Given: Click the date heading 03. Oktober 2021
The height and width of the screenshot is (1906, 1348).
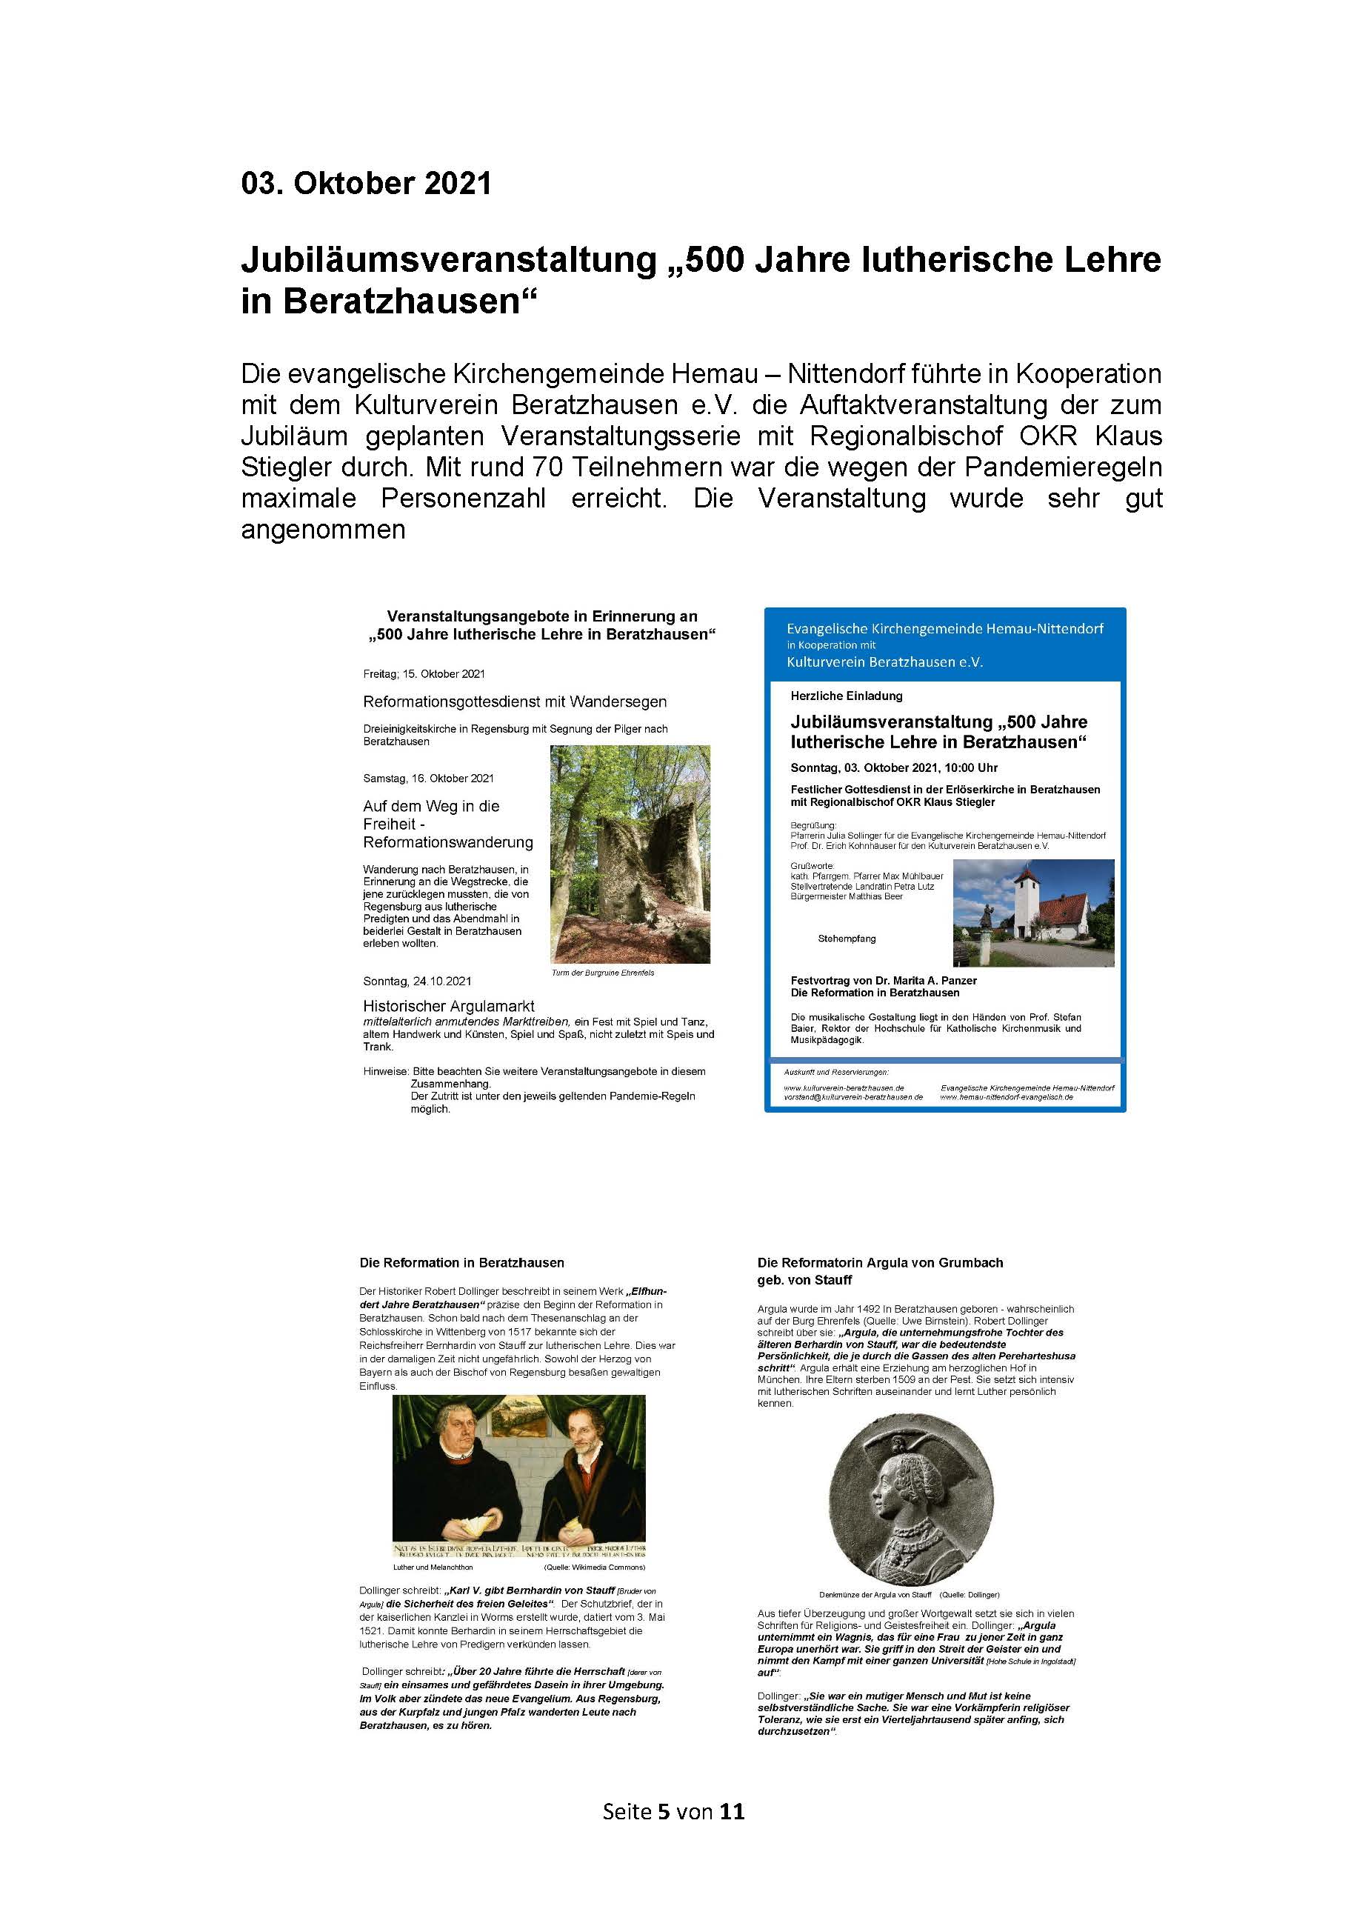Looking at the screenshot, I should (366, 184).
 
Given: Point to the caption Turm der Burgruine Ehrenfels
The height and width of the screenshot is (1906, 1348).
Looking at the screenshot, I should (603, 973).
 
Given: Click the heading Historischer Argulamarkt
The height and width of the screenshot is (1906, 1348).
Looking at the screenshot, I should (448, 1006).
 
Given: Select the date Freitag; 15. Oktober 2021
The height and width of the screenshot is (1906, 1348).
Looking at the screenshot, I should (424, 674).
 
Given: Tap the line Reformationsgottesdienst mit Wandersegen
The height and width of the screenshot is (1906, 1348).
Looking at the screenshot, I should (515, 702).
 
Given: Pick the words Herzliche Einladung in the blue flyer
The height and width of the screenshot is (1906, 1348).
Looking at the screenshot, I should (846, 696).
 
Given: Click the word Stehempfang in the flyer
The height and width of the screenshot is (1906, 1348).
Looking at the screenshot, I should (847, 939).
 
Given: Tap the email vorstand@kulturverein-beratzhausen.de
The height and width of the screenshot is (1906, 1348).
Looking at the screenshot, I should (853, 1096).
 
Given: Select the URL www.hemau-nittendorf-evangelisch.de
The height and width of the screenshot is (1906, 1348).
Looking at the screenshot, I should (1006, 1096).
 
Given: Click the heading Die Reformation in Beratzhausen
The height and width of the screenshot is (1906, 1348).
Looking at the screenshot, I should (461, 1263).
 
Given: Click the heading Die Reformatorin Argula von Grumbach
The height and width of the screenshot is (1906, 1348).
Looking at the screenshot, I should (880, 1263).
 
